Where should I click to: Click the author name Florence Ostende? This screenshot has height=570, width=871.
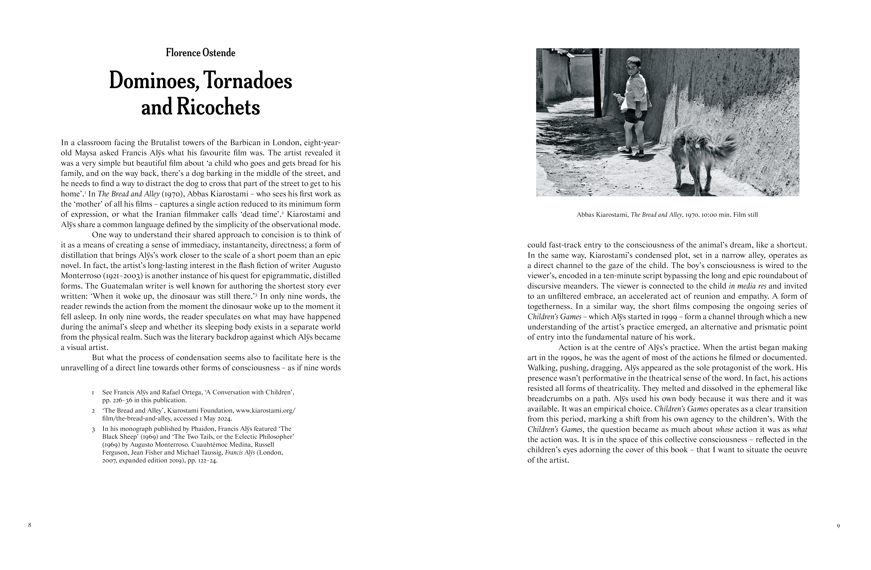201,53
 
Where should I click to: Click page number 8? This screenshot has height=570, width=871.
30,525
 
